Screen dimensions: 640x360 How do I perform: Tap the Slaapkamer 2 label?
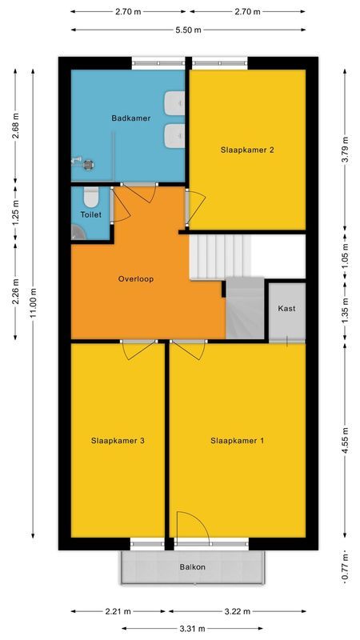[x=247, y=150]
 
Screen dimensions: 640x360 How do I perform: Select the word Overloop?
[x=135, y=279]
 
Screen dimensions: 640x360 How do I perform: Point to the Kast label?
[x=286, y=309]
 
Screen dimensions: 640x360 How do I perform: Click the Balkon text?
[x=192, y=567]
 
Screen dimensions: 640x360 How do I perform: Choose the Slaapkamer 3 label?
[x=118, y=440]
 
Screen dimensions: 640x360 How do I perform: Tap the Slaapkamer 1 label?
[x=238, y=440]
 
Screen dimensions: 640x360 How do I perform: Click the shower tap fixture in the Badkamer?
[x=82, y=162]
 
